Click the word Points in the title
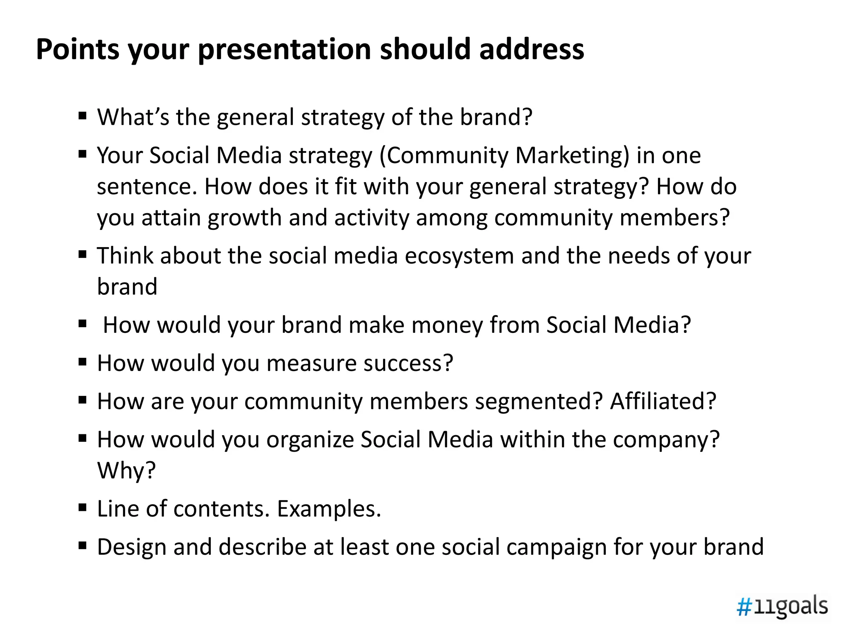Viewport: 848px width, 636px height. coord(77,50)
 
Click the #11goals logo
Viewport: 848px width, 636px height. coord(782,607)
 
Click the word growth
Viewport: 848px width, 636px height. coord(245,218)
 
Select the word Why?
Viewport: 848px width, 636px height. coord(126,470)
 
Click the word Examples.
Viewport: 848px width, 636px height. coord(329,509)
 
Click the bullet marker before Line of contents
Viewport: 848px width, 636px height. coord(82,507)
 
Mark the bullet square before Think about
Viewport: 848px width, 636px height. coord(82,254)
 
